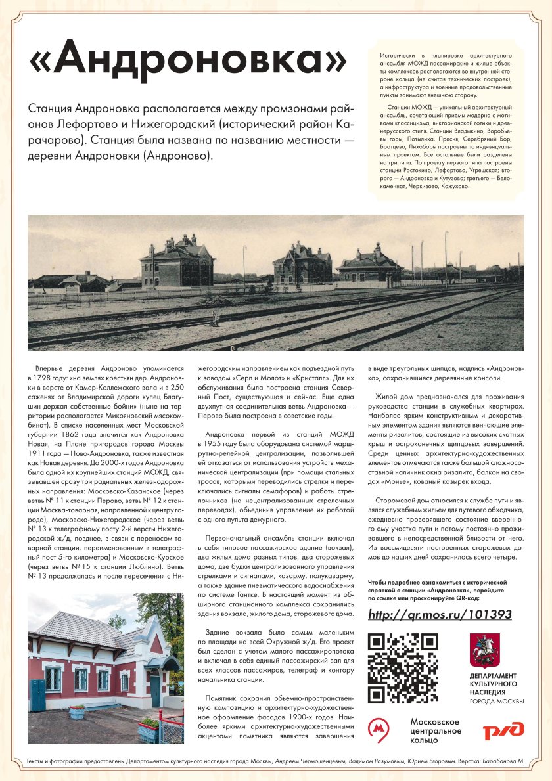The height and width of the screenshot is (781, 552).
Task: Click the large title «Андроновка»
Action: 188,62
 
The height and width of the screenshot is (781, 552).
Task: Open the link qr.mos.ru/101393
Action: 440,615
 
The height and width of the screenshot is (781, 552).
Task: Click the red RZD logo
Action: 503,731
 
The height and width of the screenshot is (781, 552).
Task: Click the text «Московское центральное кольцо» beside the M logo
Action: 434,731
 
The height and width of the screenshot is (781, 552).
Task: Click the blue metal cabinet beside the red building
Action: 38,695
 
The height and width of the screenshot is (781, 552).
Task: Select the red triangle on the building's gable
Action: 156,644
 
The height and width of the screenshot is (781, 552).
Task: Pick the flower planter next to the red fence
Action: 149,730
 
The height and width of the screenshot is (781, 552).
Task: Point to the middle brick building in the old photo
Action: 302,263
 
